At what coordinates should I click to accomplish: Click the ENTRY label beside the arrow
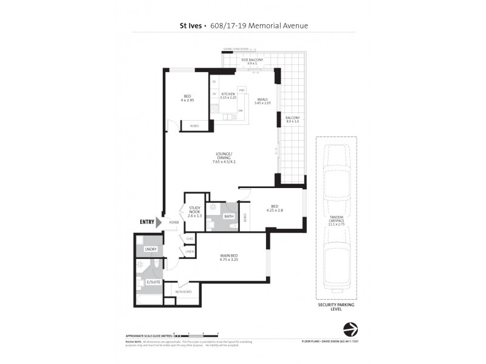pyautogui.click(x=147, y=222)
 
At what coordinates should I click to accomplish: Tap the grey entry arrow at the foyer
pyautogui.click(x=160, y=223)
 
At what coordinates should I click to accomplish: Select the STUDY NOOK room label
pyautogui.click(x=194, y=212)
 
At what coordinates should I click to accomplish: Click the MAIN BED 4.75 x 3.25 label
pyautogui.click(x=232, y=257)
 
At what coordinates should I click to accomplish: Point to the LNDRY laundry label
pyautogui.click(x=150, y=249)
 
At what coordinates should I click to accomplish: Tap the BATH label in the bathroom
pyautogui.click(x=228, y=216)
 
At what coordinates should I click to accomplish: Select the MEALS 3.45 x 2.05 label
pyautogui.click(x=262, y=101)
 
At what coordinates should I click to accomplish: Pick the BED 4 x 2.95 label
pyautogui.click(x=187, y=98)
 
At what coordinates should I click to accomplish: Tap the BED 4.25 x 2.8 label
pyautogui.click(x=275, y=209)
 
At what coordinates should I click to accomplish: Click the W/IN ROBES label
pyautogui.click(x=183, y=292)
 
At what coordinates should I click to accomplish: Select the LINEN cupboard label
pyautogui.click(x=190, y=251)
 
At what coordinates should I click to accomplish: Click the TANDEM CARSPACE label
pyautogui.click(x=337, y=220)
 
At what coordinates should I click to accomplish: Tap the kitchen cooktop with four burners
pyautogui.click(x=214, y=110)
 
